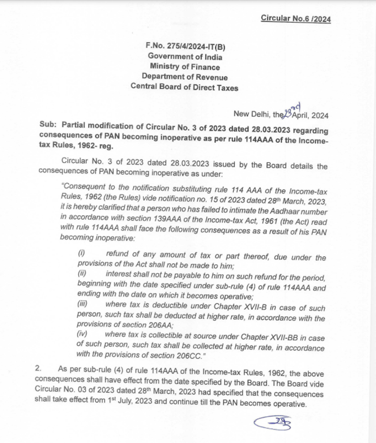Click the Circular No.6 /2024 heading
296,18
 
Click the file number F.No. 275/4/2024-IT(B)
186,47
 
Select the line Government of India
185,57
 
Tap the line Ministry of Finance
185,67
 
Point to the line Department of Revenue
184,77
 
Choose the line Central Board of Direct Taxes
184,87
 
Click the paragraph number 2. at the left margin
38,369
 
